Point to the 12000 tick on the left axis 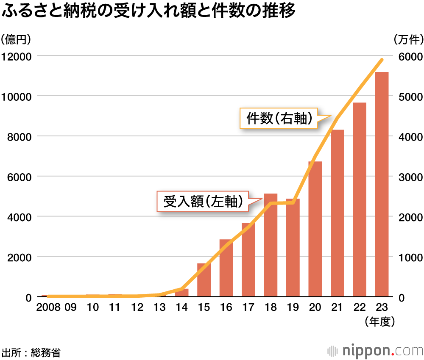17,56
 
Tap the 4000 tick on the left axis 17,217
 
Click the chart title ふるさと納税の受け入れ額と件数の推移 148,11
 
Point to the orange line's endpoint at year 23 382,60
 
